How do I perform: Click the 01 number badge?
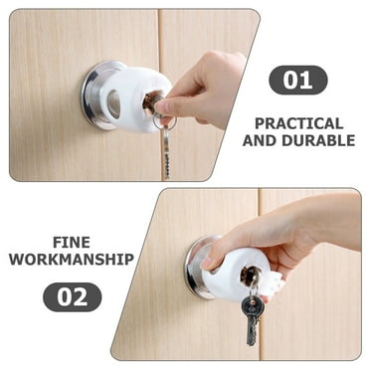pos(297,80)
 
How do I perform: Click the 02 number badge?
pos(72,296)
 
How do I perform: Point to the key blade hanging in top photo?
pos(165,154)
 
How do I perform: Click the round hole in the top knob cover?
pos(114,101)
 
